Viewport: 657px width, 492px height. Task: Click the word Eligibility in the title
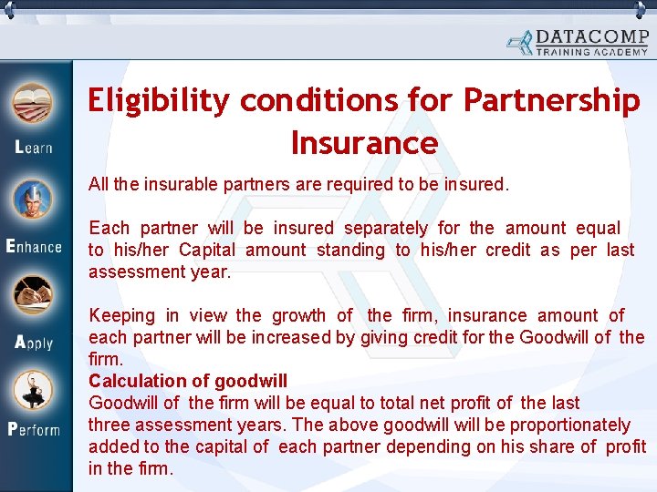pyautogui.click(x=159, y=101)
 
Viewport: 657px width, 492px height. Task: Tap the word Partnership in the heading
pyautogui.click(x=552, y=101)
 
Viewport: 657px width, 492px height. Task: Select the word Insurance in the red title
pyautogui.click(x=364, y=143)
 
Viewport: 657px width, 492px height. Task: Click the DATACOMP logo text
pyautogui.click(x=592, y=37)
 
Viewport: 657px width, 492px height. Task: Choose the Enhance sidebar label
pyautogui.click(x=34, y=246)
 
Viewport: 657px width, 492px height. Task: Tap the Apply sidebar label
pyautogui.click(x=34, y=343)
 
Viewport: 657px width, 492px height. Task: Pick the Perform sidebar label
pyautogui.click(x=34, y=429)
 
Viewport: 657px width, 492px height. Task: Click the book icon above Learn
pyautogui.click(x=32, y=103)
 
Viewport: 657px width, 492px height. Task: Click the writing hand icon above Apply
pyautogui.click(x=32, y=295)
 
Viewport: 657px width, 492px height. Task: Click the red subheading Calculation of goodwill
pyautogui.click(x=187, y=381)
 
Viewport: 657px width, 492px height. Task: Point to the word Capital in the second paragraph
pyautogui.click(x=208, y=250)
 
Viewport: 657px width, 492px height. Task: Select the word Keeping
pyautogui.click(x=122, y=315)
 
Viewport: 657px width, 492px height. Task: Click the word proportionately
pyautogui.click(x=569, y=425)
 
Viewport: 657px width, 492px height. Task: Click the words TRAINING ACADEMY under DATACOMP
pyautogui.click(x=592, y=52)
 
